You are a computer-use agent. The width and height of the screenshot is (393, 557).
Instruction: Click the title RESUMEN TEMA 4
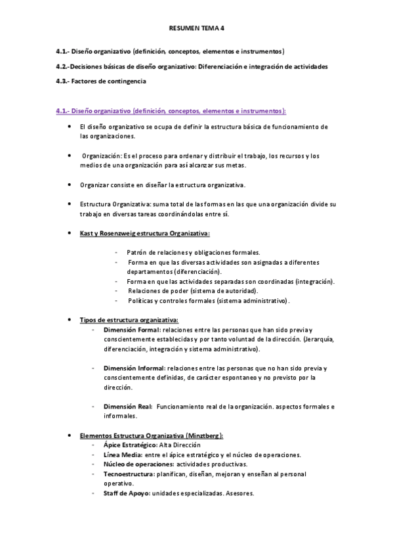tap(196, 29)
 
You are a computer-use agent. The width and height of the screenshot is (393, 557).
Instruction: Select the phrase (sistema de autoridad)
tap(223, 290)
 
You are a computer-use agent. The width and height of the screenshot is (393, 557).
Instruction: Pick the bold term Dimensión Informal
tap(134, 368)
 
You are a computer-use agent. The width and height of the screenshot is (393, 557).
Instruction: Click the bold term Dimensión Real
tap(128, 407)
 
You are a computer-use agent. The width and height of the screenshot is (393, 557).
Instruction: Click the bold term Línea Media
tap(121, 455)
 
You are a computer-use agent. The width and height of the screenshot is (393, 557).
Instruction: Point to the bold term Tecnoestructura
tap(127, 474)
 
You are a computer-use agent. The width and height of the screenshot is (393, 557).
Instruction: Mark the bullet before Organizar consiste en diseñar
tap(70, 185)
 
